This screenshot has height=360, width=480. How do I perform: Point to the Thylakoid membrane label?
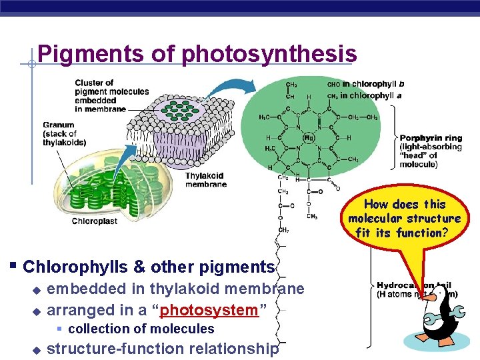point(206,180)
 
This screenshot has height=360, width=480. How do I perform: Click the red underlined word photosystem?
point(209,310)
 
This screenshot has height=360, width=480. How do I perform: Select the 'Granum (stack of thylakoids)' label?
point(64,133)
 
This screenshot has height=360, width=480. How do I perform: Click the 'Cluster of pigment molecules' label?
point(100,96)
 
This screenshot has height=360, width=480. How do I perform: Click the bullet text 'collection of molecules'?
point(141,329)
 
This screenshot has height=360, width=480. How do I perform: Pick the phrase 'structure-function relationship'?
point(163,348)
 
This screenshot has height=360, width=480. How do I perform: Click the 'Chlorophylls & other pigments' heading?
point(149,267)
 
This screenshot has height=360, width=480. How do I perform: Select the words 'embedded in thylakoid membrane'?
point(176,289)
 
